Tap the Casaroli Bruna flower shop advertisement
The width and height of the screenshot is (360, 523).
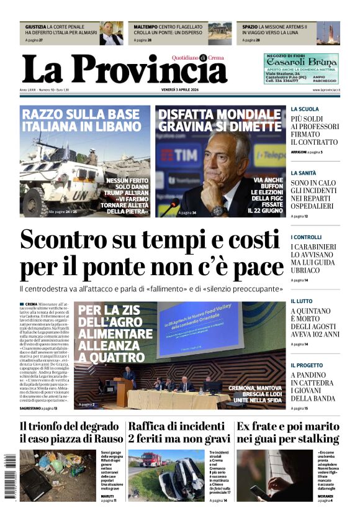[301, 68]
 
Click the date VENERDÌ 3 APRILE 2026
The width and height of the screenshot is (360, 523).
[180, 91]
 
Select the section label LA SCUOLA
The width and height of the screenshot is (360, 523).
[305, 109]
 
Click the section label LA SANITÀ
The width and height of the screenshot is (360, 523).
[305, 173]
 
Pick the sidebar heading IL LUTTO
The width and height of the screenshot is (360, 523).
[302, 301]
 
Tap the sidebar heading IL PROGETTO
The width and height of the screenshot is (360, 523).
[307, 365]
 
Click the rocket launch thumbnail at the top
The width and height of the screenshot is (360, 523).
[328, 33]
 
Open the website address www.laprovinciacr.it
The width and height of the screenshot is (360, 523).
[325, 91]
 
